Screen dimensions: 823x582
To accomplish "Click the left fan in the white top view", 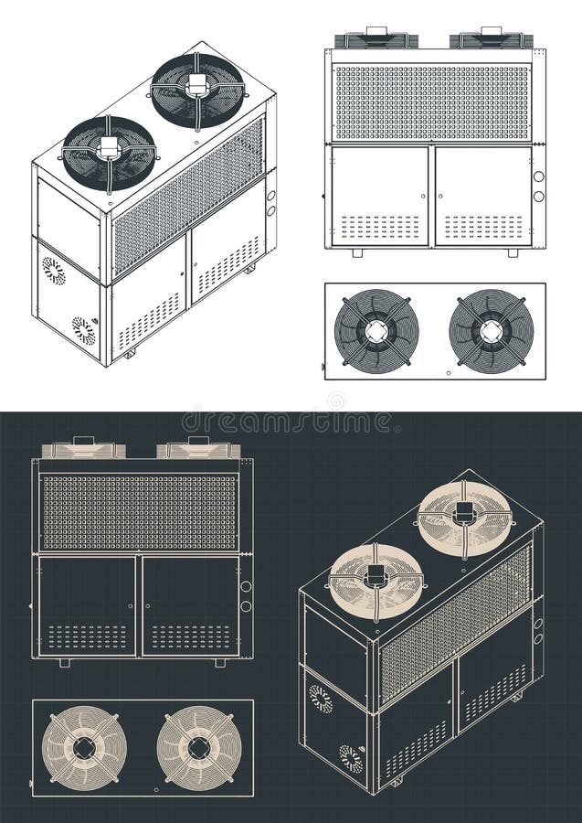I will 376,330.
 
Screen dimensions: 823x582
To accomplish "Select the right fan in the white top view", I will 492,330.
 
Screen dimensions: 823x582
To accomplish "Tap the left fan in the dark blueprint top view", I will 85,747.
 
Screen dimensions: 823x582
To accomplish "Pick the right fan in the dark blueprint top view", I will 199,747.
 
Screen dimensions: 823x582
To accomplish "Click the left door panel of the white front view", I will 380,196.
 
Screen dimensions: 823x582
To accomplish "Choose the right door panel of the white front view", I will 483,196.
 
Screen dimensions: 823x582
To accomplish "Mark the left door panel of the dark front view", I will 88,604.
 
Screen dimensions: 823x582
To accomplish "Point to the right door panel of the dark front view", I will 190,604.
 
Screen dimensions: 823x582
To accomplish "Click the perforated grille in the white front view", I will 431,102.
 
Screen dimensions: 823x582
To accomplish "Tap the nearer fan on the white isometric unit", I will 109,153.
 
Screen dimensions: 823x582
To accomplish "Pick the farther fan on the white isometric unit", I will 197,90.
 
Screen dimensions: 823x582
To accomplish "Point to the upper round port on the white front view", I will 538,176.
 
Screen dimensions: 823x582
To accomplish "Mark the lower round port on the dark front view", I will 246,606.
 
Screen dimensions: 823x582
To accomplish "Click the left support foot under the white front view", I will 356,252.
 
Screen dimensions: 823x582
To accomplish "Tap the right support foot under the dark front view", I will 219,662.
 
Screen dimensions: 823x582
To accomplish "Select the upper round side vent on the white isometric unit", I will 54,271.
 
